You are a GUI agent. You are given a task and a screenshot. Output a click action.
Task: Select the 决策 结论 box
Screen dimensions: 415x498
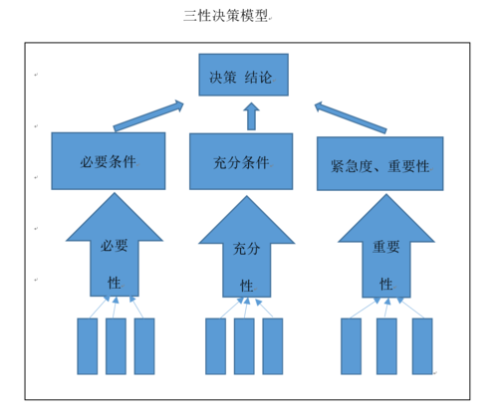[x=249, y=76]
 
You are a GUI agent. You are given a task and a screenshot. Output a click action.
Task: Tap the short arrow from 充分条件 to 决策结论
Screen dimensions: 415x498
[x=251, y=117]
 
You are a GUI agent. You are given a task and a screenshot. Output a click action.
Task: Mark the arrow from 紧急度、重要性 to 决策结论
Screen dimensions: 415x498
[x=350, y=114]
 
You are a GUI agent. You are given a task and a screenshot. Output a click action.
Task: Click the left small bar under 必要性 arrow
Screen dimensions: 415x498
[x=88, y=345]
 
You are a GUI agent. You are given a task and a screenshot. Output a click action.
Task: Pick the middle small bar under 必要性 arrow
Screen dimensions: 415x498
[x=116, y=345]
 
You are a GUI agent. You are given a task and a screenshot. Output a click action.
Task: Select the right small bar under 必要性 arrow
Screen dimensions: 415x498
[x=144, y=345]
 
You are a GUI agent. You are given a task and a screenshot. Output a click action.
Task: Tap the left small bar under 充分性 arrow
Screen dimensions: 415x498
[x=215, y=345]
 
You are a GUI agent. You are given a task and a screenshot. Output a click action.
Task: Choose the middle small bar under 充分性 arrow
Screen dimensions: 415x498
[x=244, y=345]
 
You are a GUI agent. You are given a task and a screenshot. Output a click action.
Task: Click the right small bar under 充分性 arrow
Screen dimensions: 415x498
[x=273, y=345]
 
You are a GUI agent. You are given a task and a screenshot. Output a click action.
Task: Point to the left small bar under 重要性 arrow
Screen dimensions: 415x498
[x=351, y=345]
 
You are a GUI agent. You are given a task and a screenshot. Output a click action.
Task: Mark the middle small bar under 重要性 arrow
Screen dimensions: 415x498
[x=386, y=345]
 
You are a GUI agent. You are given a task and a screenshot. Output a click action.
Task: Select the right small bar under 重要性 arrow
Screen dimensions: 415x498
[x=422, y=345]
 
